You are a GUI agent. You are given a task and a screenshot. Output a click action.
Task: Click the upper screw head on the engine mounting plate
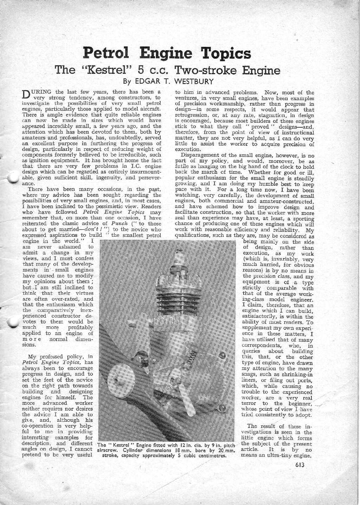click(222, 357)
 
